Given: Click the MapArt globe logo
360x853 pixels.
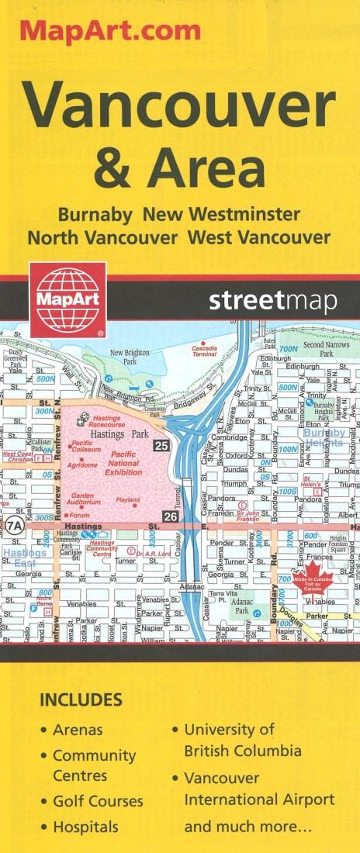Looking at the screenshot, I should [67, 299].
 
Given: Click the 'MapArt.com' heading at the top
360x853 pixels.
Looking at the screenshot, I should [110, 31].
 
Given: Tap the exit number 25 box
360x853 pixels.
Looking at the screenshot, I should [161, 446].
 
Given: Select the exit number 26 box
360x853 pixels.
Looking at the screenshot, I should [170, 516].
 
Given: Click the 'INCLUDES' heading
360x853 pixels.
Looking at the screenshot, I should [81, 699].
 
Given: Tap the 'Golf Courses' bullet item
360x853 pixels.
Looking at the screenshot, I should [98, 801].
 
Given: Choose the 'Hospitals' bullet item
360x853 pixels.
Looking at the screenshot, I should [85, 827].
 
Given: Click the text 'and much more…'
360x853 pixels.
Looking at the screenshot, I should [248, 827].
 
